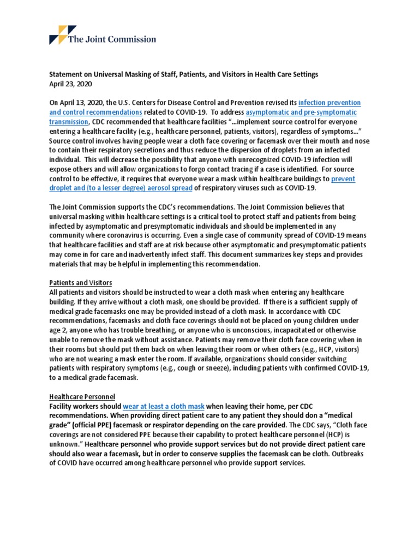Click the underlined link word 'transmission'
68,121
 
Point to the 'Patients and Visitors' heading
81,282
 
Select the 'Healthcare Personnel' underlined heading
82,396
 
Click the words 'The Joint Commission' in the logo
112,39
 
